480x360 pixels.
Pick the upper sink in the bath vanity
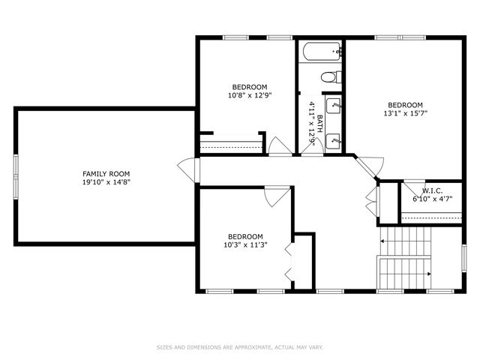pyautogui.click(x=334, y=106)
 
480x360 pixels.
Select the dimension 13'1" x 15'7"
pyautogui.click(x=405, y=114)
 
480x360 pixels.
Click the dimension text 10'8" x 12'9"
pyautogui.click(x=249, y=95)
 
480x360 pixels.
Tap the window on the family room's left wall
pyautogui.click(x=15, y=177)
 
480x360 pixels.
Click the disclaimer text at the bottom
pyautogui.click(x=240, y=347)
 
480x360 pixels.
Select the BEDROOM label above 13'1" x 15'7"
pyautogui.click(x=405, y=105)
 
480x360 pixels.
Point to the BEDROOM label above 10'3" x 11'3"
pyautogui.click(x=246, y=235)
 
